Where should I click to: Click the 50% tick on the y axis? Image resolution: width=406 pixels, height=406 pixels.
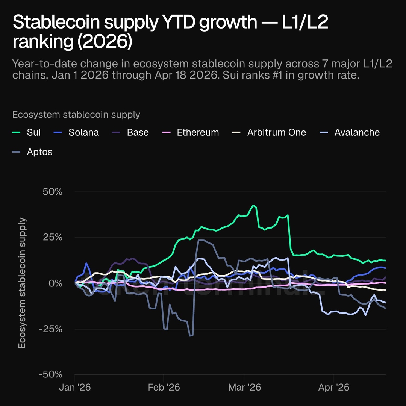coord(52,191)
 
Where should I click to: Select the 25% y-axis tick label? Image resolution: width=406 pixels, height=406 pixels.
coord(52,237)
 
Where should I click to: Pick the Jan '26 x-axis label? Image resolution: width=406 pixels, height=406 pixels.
coord(75,387)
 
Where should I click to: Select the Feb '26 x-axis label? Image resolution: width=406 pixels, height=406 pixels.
coord(164,387)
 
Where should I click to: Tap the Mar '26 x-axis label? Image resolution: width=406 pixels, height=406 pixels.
coord(244,387)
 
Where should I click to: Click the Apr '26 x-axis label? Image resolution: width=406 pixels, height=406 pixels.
coord(333,387)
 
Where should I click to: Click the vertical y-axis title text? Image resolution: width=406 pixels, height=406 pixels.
coord(23,283)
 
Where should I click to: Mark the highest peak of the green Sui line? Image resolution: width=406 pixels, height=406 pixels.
coord(253,205)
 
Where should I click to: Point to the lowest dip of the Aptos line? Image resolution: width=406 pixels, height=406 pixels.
coord(191,336)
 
